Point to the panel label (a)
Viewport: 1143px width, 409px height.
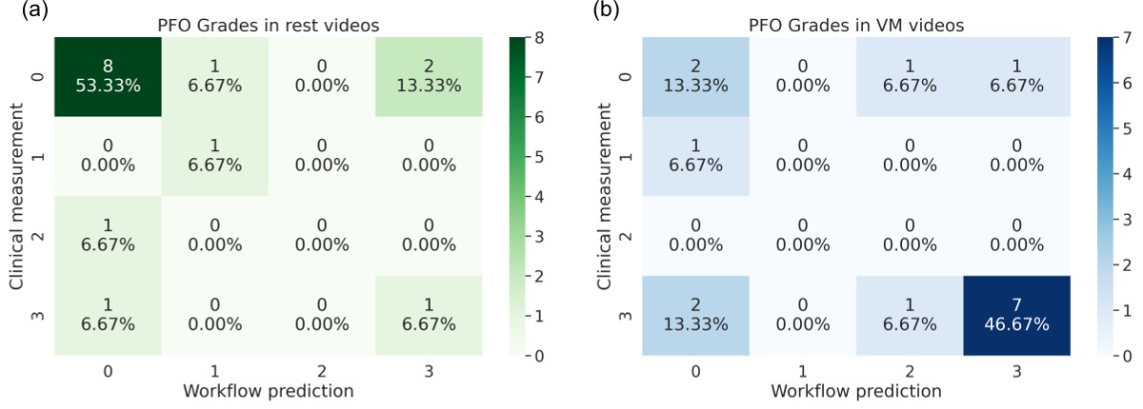click(x=20, y=11)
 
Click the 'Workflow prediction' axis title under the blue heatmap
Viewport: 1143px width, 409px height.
click(x=843, y=391)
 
